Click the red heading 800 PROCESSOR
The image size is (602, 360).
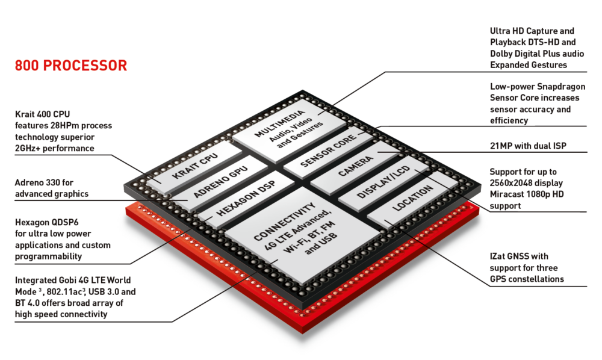(70, 66)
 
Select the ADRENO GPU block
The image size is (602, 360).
(220, 182)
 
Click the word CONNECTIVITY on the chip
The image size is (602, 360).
(285, 221)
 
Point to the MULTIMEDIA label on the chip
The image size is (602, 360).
(279, 123)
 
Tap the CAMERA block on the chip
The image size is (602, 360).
(355, 166)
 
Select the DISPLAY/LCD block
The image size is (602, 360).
(383, 182)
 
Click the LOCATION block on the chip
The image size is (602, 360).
(413, 198)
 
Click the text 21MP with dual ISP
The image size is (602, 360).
(528, 146)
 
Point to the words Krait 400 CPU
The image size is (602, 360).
(42, 114)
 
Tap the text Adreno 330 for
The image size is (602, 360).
(44, 182)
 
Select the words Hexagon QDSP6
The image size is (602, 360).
(46, 222)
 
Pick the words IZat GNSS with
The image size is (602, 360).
(519, 256)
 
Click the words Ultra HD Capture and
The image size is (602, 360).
(532, 31)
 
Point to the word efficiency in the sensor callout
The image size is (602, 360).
(509, 120)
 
